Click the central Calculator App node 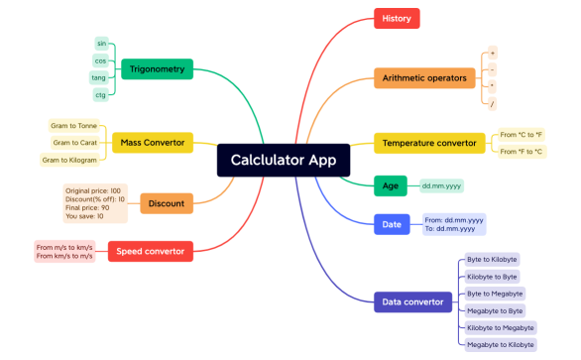pos(283,159)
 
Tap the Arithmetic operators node pos(423,77)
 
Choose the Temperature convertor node pos(429,143)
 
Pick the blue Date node pos(391,224)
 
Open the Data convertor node pos(413,301)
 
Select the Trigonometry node pos(158,69)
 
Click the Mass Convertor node pos(152,143)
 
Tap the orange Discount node pos(166,203)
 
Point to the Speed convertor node pos(150,251)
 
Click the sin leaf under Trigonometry pos(101,44)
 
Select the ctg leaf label pos(100,95)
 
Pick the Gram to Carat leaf pos(75,143)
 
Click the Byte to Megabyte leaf pos(495,294)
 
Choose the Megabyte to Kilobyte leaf pos(500,344)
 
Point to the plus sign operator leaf pos(493,52)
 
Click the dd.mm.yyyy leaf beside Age pos(441,185)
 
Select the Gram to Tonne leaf pos(75,126)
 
